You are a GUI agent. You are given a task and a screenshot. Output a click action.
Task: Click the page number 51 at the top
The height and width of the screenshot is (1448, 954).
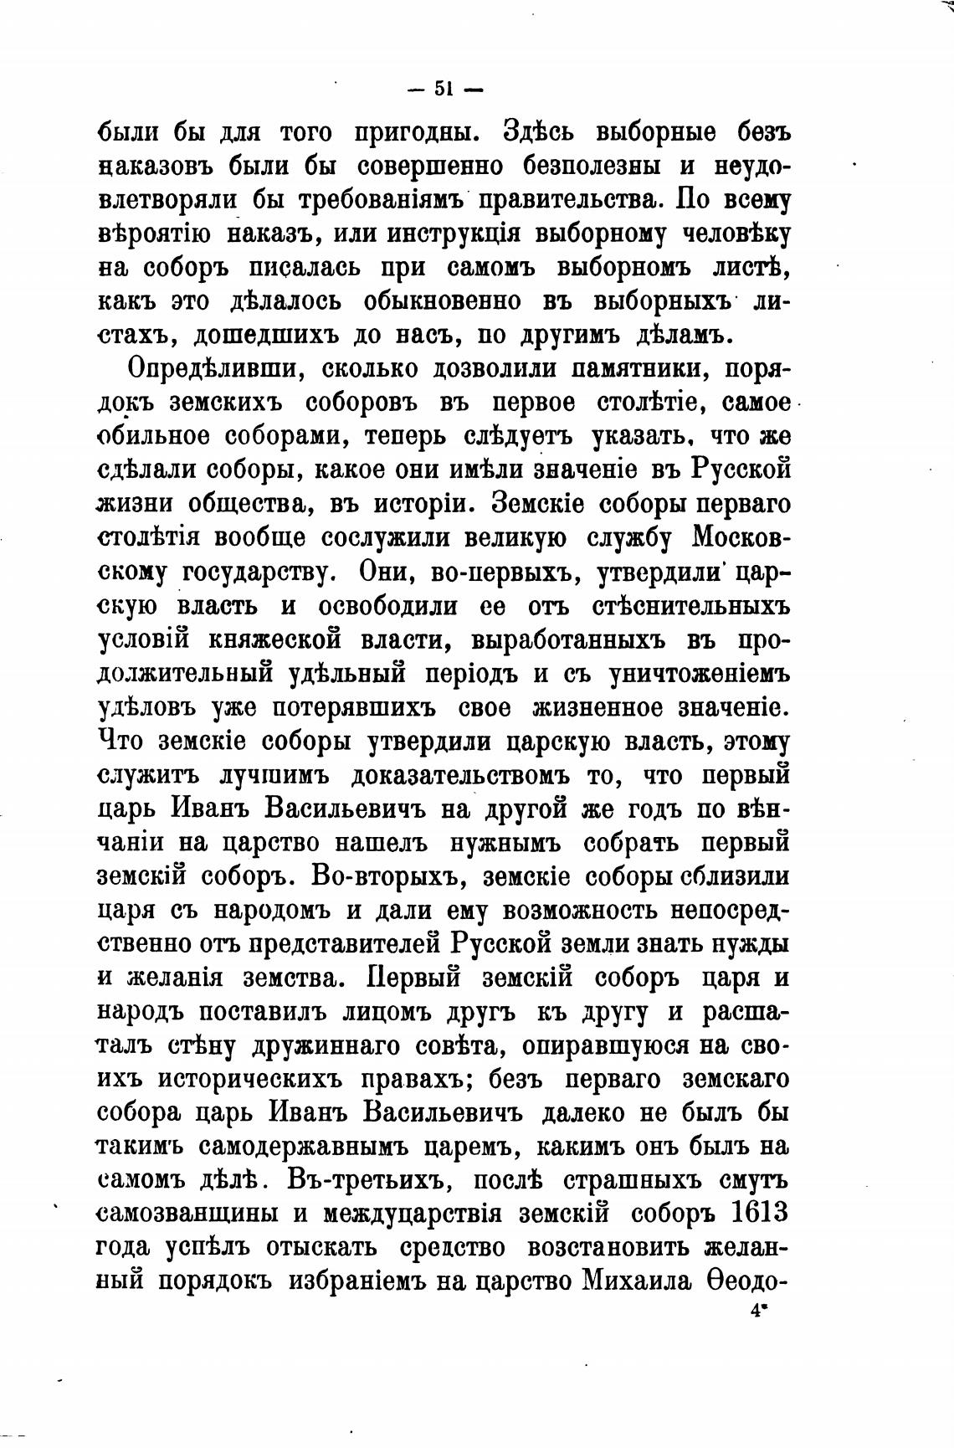(x=444, y=89)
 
